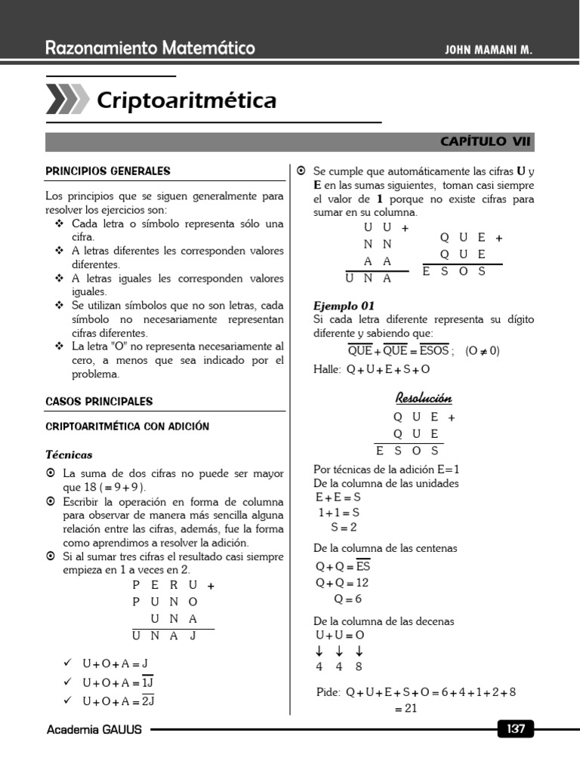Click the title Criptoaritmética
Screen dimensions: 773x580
pos(187,100)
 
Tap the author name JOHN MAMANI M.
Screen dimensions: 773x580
pos(490,50)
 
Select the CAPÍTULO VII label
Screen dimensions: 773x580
pos(486,141)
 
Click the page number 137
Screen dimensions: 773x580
pos(516,729)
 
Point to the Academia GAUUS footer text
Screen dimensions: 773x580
pos(94,730)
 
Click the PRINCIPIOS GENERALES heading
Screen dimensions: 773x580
pos(108,171)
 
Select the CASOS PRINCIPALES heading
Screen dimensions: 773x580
pos(99,402)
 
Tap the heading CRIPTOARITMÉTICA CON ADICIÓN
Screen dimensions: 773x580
pos(128,427)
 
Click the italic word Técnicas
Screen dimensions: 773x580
pos(69,454)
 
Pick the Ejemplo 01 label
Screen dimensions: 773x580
pos(344,306)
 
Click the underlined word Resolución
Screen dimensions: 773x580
pos(424,398)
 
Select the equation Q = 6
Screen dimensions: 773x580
pos(347,599)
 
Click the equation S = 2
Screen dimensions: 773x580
pos(344,527)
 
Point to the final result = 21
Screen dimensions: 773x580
pos(406,708)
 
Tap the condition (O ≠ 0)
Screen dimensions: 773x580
pos(483,351)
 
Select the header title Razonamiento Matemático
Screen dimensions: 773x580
pos(150,49)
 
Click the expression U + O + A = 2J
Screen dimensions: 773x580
pos(119,701)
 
